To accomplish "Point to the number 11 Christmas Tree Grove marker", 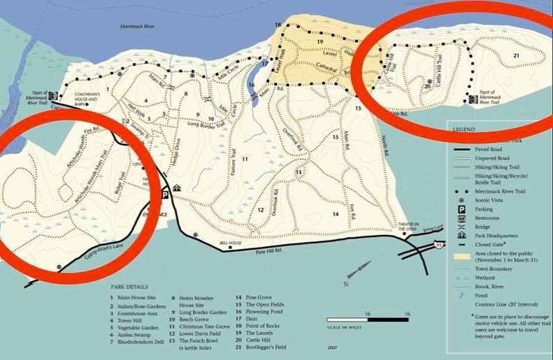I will coord(245,160).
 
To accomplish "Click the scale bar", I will coord(368,319).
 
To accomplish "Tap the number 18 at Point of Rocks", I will coord(278,25).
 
